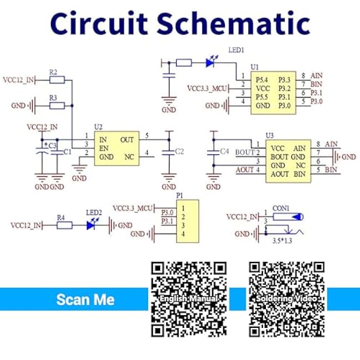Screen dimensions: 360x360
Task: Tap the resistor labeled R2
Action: [x=56, y=80]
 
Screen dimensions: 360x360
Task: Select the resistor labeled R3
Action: [x=56, y=105]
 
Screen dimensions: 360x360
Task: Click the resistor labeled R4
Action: [x=64, y=225]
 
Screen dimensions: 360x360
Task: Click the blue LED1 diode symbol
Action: [x=210, y=63]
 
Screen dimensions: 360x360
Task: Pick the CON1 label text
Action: [x=281, y=208]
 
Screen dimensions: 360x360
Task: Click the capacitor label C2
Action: [x=178, y=151]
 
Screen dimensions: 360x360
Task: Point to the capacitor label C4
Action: [x=224, y=151]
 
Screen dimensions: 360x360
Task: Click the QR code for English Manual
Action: [x=189, y=299]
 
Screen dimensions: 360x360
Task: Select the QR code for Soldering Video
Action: [x=286, y=299]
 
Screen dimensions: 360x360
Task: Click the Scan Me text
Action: [x=85, y=300]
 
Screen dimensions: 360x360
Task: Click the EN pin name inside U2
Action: [x=104, y=148]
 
